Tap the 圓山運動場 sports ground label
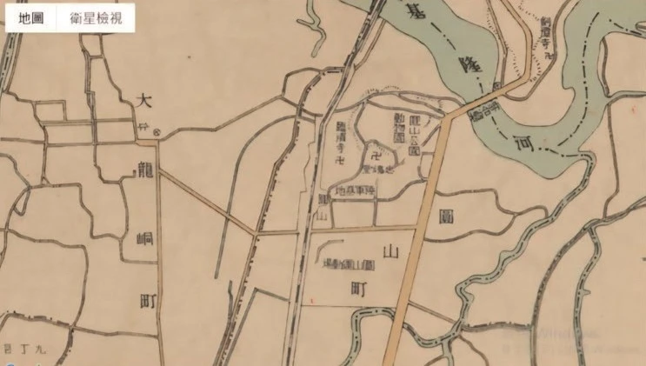pyautogui.click(x=347, y=264)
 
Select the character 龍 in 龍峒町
pyautogui.click(x=145, y=171)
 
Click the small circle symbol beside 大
pyautogui.click(x=157, y=132)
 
